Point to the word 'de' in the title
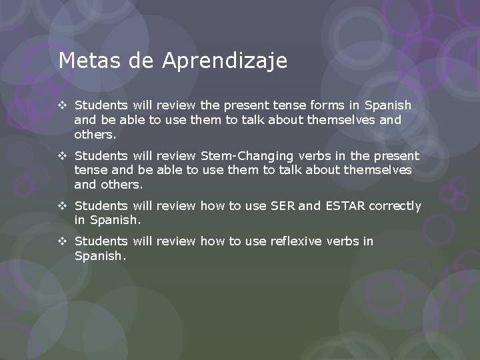(x=141, y=61)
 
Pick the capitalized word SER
(x=283, y=206)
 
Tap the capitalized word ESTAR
(x=345, y=206)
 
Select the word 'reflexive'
(x=297, y=241)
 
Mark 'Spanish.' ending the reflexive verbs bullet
(x=99, y=256)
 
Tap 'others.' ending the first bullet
(x=95, y=135)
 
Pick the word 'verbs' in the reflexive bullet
(x=343, y=241)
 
